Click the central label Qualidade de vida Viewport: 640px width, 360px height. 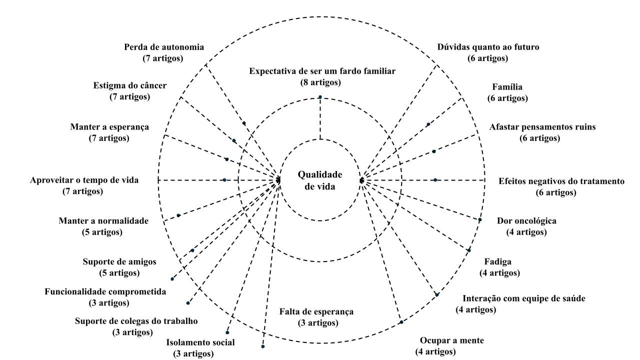click(x=320, y=180)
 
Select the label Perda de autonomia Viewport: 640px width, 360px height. click(x=164, y=47)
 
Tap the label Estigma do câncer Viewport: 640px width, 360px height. click(x=129, y=85)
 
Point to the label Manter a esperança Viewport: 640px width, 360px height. click(x=109, y=126)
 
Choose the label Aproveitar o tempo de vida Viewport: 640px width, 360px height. click(x=84, y=180)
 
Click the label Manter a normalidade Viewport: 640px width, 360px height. click(x=103, y=220)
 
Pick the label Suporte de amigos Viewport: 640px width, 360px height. click(x=119, y=261)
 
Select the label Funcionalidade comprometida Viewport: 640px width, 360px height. click(x=105, y=291)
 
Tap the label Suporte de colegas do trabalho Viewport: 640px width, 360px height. click(x=136, y=321)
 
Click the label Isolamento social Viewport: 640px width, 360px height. click(x=200, y=342)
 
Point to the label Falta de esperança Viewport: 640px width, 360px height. click(x=316, y=311)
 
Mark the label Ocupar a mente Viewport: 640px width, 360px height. click(x=451, y=340)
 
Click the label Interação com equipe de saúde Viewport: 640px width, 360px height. click(x=524, y=298)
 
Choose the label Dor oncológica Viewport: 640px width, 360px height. click(x=526, y=221)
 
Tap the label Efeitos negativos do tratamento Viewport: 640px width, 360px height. click(x=561, y=181)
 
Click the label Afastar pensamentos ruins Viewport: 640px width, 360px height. click(x=542, y=126)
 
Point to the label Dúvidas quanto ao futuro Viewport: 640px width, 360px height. click(x=488, y=47)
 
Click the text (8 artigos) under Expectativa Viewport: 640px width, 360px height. click(x=320, y=82)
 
